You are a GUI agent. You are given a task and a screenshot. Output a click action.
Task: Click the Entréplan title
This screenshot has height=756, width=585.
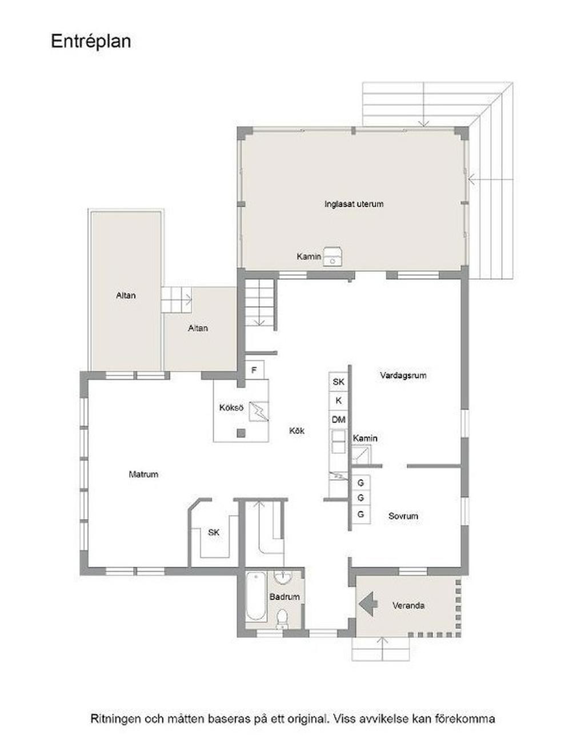click(91, 42)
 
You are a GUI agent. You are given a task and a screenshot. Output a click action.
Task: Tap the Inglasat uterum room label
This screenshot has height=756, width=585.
click(354, 204)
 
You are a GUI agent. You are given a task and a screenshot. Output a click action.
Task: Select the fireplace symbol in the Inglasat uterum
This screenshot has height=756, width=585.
click(332, 256)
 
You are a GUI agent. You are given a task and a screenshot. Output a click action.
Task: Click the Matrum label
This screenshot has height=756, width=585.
click(143, 474)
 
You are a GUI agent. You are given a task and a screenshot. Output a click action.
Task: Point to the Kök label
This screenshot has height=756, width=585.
click(297, 431)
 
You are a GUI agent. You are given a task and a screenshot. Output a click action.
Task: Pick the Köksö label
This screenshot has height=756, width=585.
click(231, 407)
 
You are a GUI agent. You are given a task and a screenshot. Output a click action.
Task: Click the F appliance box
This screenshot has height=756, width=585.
click(254, 370)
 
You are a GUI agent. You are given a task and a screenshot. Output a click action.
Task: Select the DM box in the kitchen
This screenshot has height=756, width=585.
click(338, 420)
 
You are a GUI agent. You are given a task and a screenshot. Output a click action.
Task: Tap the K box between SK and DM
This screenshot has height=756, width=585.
click(338, 401)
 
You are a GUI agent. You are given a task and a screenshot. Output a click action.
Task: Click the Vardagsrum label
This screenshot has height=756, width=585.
click(403, 375)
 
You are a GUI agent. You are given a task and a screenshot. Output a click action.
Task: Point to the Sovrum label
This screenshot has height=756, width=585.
click(403, 516)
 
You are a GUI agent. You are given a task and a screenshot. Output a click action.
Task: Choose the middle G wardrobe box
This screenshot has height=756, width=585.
click(361, 498)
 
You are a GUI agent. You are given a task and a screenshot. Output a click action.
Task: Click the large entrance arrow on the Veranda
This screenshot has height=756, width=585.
click(368, 605)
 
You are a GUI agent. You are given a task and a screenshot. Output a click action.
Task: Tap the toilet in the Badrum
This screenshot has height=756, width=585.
click(282, 618)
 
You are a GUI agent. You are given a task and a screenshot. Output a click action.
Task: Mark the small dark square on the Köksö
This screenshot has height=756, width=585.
click(241, 433)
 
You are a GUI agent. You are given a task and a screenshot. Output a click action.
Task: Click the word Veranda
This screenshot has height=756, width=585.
click(408, 606)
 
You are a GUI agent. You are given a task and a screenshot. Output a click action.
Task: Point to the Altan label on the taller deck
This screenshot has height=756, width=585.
click(126, 295)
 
